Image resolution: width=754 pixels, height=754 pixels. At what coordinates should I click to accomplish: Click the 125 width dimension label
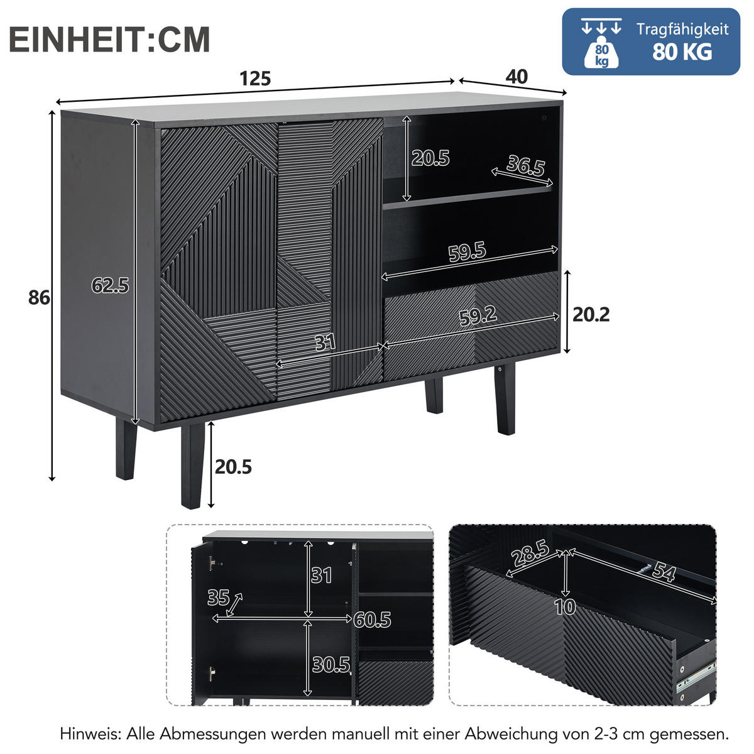[x=255, y=79]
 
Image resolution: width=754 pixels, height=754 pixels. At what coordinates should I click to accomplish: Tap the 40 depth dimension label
[x=516, y=77]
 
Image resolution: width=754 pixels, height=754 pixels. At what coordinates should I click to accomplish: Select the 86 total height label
[x=39, y=298]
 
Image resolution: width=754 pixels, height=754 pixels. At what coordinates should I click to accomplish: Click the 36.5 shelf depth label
[x=525, y=165]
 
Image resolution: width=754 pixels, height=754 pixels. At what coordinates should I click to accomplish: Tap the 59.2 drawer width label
[x=478, y=315]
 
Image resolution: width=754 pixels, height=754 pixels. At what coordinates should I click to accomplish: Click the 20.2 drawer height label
[x=591, y=314]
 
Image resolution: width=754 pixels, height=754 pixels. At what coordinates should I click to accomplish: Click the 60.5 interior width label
[x=372, y=620]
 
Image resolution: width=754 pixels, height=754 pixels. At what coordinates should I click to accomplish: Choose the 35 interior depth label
[x=218, y=598]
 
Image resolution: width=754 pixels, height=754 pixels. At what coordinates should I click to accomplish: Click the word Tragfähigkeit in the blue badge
[x=682, y=30]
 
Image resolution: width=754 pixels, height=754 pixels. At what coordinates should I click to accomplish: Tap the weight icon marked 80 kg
[x=601, y=53]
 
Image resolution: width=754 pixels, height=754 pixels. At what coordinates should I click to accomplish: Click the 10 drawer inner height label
[x=565, y=606]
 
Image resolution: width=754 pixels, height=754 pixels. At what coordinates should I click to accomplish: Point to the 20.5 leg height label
[x=233, y=467]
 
